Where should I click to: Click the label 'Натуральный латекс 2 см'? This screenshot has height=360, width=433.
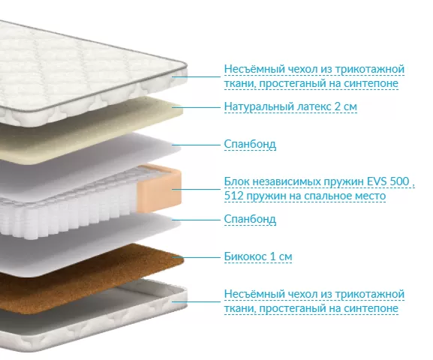coord(290,106)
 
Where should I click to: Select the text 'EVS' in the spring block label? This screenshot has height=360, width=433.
coord(377,181)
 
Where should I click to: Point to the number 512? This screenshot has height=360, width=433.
coord(233,196)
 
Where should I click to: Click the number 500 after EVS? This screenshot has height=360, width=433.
coord(399,181)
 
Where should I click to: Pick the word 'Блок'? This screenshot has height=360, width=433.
coord(236,181)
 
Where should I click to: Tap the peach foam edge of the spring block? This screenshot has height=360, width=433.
coord(160,187)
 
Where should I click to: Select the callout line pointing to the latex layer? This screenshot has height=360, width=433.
coord(197,106)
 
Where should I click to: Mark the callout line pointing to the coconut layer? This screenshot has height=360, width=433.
coord(197,257)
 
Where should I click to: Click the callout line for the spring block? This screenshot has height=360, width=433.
coord(197,190)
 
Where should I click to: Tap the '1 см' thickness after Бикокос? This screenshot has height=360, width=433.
coord(281,256)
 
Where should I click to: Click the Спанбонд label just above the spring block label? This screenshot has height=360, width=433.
coord(250,145)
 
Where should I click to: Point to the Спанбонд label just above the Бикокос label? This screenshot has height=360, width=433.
coord(250,219)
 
